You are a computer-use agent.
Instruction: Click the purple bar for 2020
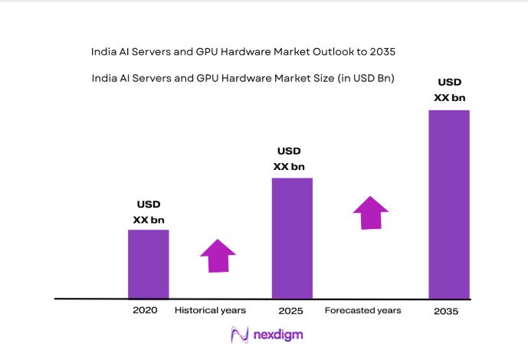coord(148,263)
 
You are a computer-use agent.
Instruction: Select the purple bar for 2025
coord(292,237)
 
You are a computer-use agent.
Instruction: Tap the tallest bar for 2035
coord(448,204)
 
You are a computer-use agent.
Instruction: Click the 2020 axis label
coord(144,310)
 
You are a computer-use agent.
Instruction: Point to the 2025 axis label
coord(291,311)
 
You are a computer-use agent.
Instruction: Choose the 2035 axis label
coord(446,311)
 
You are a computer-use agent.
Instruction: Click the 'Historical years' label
coord(210,310)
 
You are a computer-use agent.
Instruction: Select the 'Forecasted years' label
coord(362,310)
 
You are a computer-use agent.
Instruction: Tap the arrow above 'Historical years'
coord(218,256)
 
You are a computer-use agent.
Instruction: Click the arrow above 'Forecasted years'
coord(371,212)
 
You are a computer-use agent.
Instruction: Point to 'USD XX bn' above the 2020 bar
coord(149,212)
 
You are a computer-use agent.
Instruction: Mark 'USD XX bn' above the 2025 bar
coord(289,159)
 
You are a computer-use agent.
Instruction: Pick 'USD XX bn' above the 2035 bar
coord(450,90)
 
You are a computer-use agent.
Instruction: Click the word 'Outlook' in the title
coord(333,52)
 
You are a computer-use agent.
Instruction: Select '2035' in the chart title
coord(383,52)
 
